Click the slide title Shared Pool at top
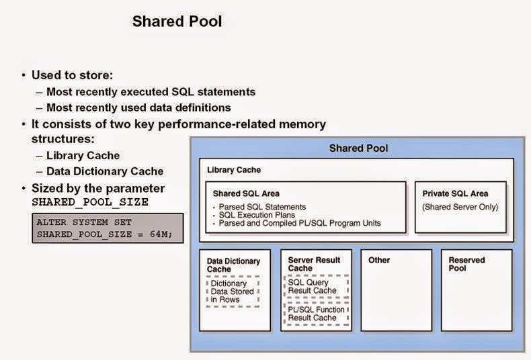[x=177, y=21]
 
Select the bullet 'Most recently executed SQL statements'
[x=151, y=92]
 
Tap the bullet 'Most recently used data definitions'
[x=138, y=107]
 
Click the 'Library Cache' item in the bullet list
[x=83, y=156]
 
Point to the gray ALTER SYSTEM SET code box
[x=107, y=228]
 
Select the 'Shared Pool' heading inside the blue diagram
[x=358, y=148]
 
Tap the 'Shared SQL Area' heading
[x=246, y=194]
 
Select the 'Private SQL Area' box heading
[x=455, y=194]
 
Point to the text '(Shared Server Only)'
[x=460, y=207]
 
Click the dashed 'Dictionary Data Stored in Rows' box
[x=233, y=291]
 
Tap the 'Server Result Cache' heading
[x=314, y=264]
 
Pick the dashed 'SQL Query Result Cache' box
[x=315, y=286]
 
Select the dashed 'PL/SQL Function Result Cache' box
[x=315, y=313]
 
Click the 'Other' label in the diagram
[x=379, y=260]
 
